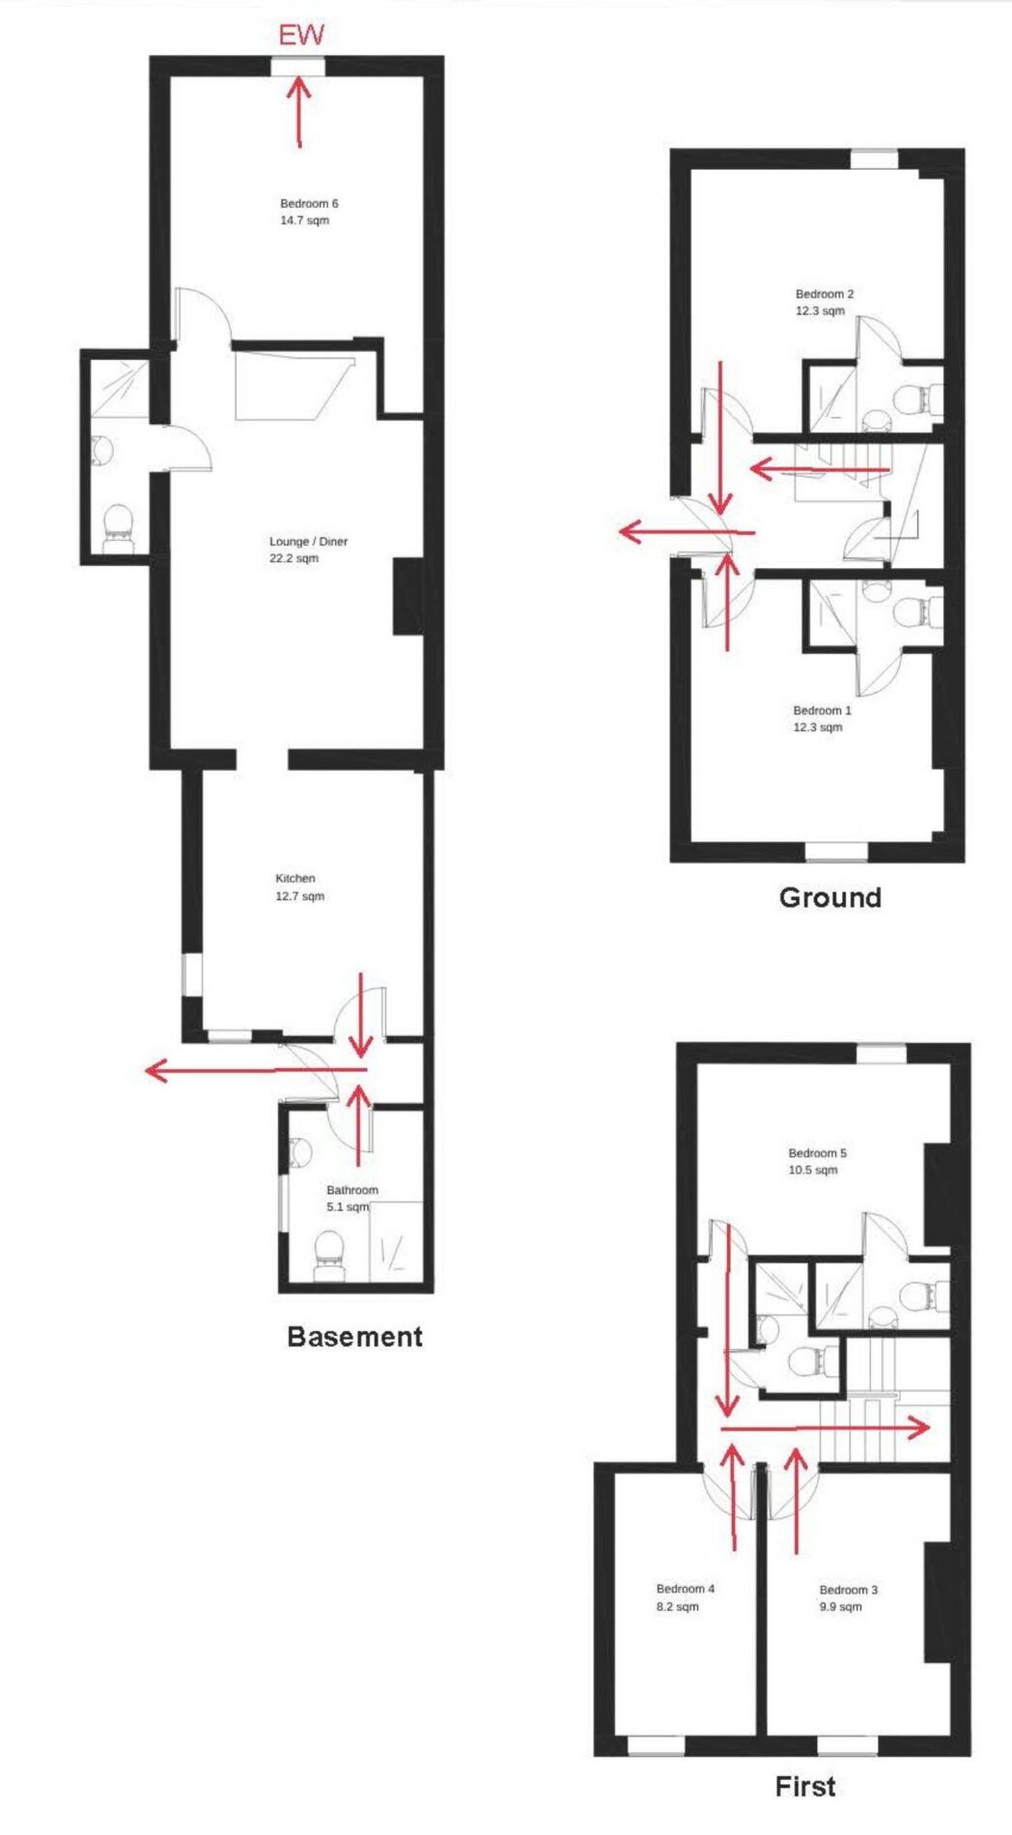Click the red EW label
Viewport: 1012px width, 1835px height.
coord(301,36)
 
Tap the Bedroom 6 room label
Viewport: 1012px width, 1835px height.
coord(308,212)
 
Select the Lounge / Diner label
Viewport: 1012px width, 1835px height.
coord(307,550)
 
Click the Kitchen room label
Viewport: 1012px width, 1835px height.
coord(299,888)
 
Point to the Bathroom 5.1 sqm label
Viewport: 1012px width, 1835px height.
coord(351,1199)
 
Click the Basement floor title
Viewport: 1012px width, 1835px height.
coord(355,1337)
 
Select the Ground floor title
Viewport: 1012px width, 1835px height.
coord(830,897)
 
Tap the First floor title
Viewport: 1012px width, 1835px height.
coord(805,1786)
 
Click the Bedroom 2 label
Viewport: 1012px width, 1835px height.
coord(824,302)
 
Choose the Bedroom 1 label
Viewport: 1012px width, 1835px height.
coord(822,719)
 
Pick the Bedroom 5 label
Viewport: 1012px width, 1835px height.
coord(817,1161)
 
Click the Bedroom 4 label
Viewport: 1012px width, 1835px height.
coord(685,1597)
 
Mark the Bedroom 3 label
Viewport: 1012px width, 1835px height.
coord(848,1598)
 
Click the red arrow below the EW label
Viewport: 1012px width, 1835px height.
coord(299,111)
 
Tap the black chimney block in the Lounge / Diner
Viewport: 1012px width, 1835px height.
coord(408,596)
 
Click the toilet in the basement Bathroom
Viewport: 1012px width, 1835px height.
coord(328,1254)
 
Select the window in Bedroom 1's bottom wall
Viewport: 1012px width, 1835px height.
coord(836,852)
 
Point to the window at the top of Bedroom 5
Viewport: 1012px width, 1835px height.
coord(882,1053)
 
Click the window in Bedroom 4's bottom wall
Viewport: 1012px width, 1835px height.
coord(657,1746)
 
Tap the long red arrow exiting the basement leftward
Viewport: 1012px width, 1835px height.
coord(256,1070)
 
